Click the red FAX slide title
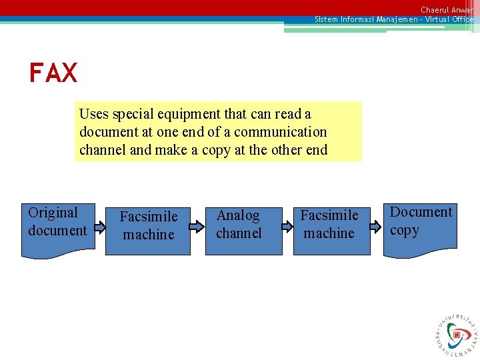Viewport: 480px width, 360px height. pyautogui.click(x=53, y=73)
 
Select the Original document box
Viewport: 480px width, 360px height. pyautogui.click(x=58, y=230)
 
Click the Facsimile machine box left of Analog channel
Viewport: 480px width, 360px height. pyautogui.click(x=148, y=230)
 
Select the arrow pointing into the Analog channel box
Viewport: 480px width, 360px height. pyautogui.click(x=197, y=227)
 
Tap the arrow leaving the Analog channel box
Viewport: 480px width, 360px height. pyautogui.click(x=287, y=227)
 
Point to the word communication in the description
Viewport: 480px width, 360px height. pyautogui.click(x=280, y=132)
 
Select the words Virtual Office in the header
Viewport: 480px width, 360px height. pyautogui.click(x=449, y=19)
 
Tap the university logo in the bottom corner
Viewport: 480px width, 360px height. pyautogui.click(x=457, y=334)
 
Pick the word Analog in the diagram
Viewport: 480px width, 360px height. pyautogui.click(x=238, y=215)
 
